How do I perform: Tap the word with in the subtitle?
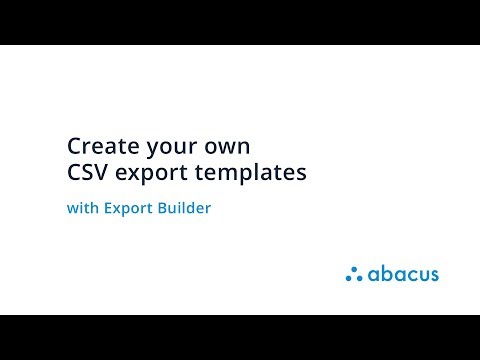[x=81, y=210]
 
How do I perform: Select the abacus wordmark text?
[x=402, y=273]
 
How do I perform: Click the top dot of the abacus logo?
[x=353, y=269]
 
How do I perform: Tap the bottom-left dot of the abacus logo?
[x=348, y=278]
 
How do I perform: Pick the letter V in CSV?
[x=102, y=172]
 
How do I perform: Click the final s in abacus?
[x=433, y=274]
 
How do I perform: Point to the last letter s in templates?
[x=301, y=173]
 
